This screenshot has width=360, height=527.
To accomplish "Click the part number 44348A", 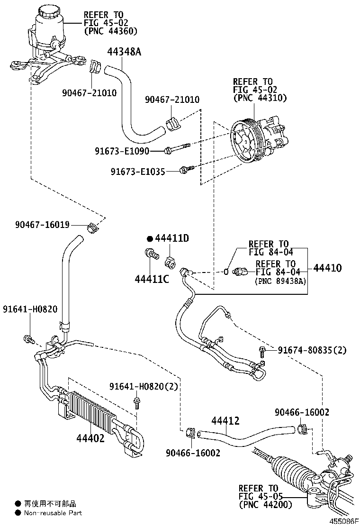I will click(124, 52).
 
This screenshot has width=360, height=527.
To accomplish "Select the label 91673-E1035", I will click(138, 171).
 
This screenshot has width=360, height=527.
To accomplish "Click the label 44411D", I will click(172, 238).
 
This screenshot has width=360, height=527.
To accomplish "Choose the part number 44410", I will click(327, 268).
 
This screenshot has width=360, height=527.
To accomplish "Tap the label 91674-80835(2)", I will click(312, 350).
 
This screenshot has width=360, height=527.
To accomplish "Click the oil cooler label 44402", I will click(90, 438).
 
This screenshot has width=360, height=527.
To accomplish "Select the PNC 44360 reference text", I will click(110, 31).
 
